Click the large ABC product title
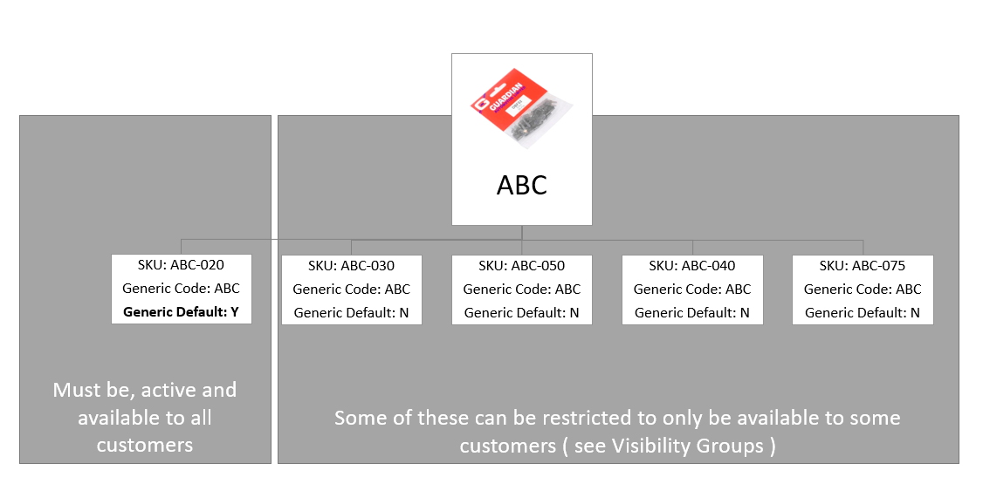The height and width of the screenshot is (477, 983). coord(521,185)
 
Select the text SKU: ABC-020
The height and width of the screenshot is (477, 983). coord(181,266)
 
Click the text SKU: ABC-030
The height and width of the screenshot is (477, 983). coord(351,266)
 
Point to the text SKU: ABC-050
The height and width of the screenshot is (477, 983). coord(521,266)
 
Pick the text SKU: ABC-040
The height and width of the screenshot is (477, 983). coord(691,266)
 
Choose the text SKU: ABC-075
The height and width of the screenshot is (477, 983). coord(863,266)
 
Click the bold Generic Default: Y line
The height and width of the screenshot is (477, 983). coord(181,311)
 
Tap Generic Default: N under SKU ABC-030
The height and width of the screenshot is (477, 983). coord(351,312)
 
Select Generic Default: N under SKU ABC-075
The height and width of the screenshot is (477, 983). coord(863,312)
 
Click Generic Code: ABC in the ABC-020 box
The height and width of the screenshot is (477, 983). coord(181,289)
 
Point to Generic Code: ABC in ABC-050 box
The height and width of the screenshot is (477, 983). coord(521,289)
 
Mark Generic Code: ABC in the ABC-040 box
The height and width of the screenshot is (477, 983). coord(691,289)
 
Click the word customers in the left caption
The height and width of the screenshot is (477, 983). coord(144,446)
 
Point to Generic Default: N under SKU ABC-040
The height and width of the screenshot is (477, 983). coord(691,312)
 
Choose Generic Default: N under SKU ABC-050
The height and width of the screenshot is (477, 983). coord(521,312)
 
